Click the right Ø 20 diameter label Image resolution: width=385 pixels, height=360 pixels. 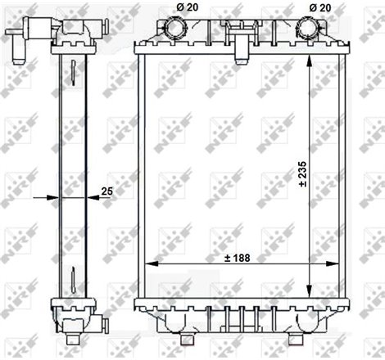tap(320, 7)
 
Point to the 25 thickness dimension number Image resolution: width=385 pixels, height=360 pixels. tap(105, 191)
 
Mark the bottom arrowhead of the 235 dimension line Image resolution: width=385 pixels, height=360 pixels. tap(309, 294)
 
